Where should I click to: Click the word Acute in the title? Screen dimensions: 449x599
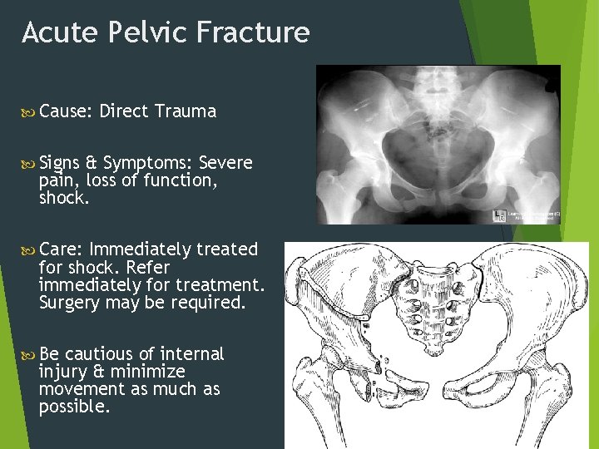[55, 32]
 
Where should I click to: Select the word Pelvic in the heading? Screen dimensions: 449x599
[141, 32]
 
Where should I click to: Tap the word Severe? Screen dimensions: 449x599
[225, 163]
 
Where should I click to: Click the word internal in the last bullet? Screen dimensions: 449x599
[191, 354]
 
